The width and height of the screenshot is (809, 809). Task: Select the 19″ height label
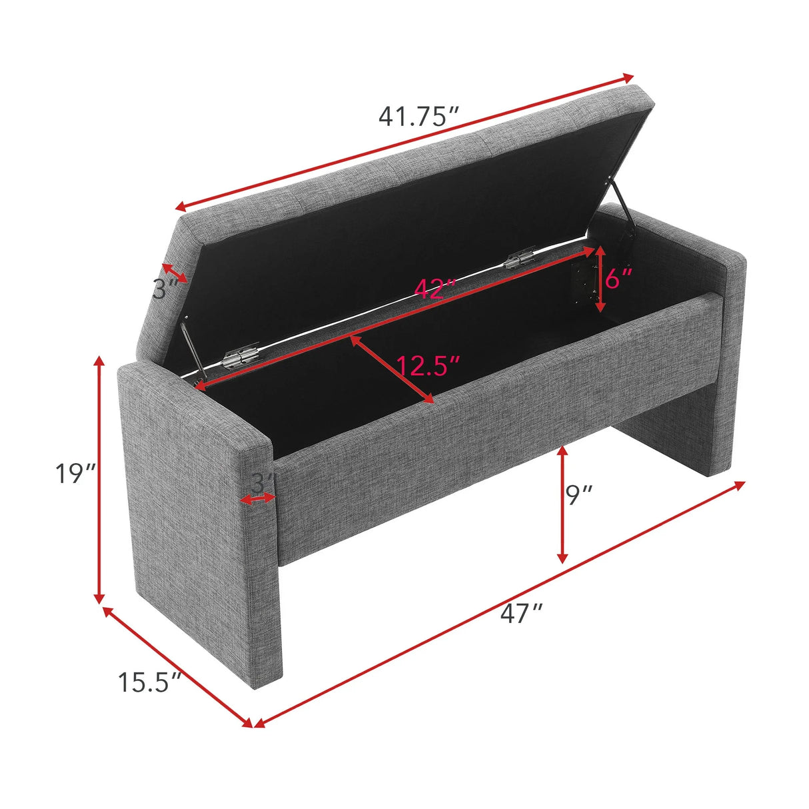(x=76, y=474)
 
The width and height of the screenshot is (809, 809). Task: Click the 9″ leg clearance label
(x=578, y=494)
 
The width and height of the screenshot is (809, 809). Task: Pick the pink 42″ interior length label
(x=435, y=289)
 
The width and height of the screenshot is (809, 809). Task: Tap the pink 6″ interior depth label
(x=619, y=278)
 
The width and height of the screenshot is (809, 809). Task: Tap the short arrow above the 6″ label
(x=600, y=279)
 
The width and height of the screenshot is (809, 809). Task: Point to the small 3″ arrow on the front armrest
(x=258, y=498)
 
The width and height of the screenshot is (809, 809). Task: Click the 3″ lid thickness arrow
(x=175, y=273)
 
